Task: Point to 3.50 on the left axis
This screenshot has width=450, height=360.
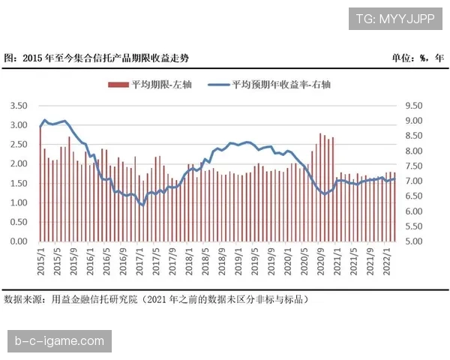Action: click(x=18, y=106)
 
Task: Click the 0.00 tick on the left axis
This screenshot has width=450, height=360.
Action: click(x=18, y=241)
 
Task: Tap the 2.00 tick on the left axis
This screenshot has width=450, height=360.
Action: click(x=18, y=163)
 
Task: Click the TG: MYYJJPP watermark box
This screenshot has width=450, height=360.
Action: click(x=396, y=17)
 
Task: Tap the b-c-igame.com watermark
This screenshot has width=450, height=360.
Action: click(x=60, y=341)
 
